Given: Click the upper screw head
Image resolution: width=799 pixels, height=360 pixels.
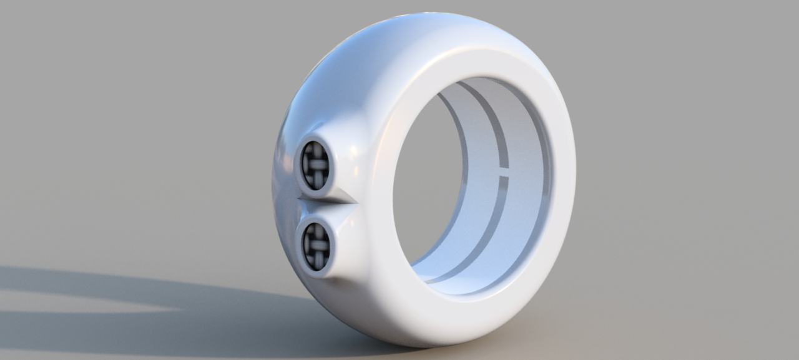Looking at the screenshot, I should (315, 165).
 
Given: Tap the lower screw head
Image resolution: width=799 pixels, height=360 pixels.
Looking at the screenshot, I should (316, 246).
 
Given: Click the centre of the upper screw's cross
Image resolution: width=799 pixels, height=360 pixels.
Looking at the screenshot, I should (315, 165).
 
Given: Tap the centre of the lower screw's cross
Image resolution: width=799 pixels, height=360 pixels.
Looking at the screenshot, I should (316, 246).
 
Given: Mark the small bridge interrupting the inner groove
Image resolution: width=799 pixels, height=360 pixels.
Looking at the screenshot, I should (503, 172).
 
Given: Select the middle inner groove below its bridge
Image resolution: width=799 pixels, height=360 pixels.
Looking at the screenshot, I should (493, 225).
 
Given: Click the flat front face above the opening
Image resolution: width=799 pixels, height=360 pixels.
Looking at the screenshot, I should (474, 62).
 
